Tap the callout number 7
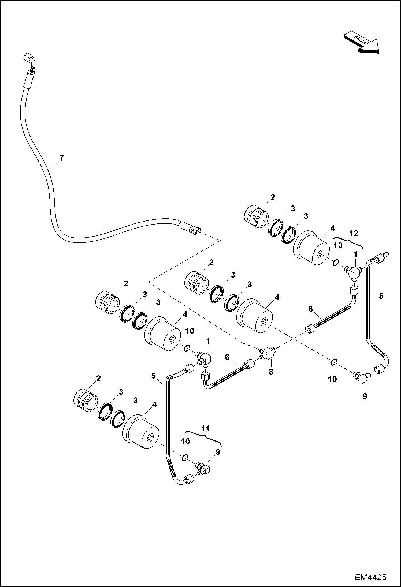pos(62,158)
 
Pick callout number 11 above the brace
pos(205,428)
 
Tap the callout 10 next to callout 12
pos(338,246)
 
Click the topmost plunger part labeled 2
pos(256,217)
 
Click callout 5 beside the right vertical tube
pos(381,296)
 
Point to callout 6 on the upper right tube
pos(310,309)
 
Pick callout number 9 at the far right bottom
pos(365,396)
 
